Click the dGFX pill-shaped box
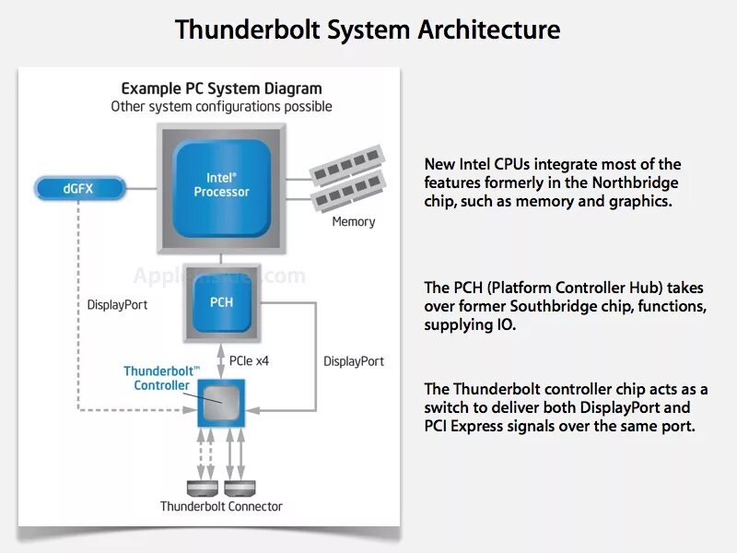[x=80, y=189]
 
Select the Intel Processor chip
[x=221, y=189]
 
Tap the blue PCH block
[x=221, y=302]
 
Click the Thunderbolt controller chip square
[x=221, y=403]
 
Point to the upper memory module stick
[x=347, y=165]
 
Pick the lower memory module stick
[x=349, y=191]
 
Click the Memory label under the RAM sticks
[x=354, y=221]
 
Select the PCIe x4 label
[x=249, y=360]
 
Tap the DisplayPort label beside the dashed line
[x=117, y=305]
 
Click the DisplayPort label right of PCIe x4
[x=354, y=361]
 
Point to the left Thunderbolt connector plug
[x=203, y=488]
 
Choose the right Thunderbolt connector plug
[x=240, y=488]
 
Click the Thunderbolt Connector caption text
[x=221, y=506]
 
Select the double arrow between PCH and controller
[x=221, y=360]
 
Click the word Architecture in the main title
[x=489, y=29]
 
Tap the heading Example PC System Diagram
[x=221, y=88]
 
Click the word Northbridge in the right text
[x=635, y=182]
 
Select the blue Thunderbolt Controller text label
[x=161, y=378]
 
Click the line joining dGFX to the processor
[x=142, y=189]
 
